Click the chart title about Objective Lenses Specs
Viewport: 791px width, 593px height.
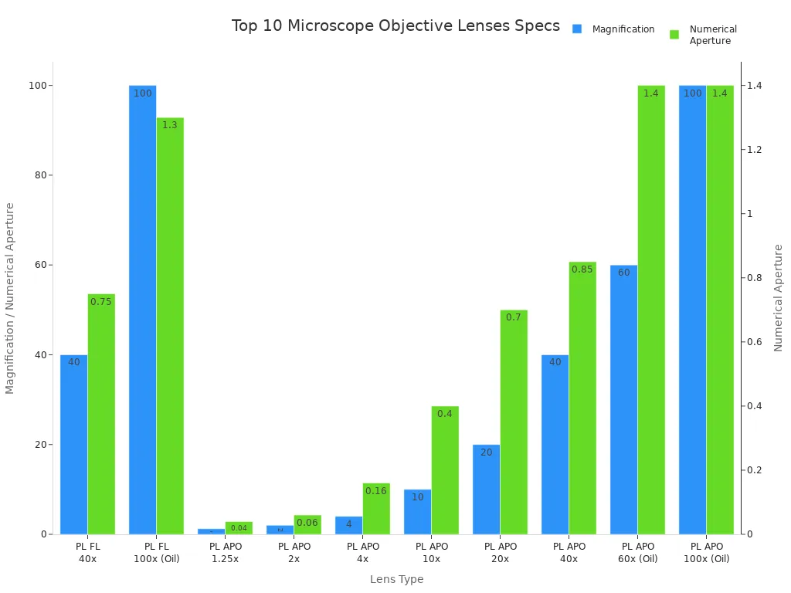395,26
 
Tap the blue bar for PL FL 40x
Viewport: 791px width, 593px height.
74,444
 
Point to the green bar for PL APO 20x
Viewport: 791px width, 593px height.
514,422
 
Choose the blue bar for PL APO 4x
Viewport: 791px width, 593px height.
348,525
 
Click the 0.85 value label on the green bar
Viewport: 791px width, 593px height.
582,269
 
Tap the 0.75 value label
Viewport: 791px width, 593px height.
101,302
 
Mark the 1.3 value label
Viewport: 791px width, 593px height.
170,125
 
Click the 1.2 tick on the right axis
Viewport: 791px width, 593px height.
753,150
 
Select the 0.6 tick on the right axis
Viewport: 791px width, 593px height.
753,342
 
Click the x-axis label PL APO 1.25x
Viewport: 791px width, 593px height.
226,552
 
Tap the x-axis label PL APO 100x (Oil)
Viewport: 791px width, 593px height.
706,552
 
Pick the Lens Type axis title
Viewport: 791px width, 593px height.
396,579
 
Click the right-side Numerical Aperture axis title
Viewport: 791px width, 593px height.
779,298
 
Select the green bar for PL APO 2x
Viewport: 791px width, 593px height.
307,524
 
